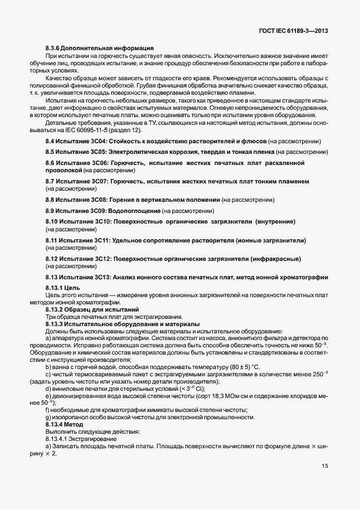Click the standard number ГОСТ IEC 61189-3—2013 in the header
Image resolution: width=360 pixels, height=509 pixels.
(293, 31)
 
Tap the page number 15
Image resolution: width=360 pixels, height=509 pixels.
(324, 467)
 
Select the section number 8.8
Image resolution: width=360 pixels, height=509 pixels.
(51, 200)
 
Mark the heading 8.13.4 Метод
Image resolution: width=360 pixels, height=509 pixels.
(68, 424)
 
